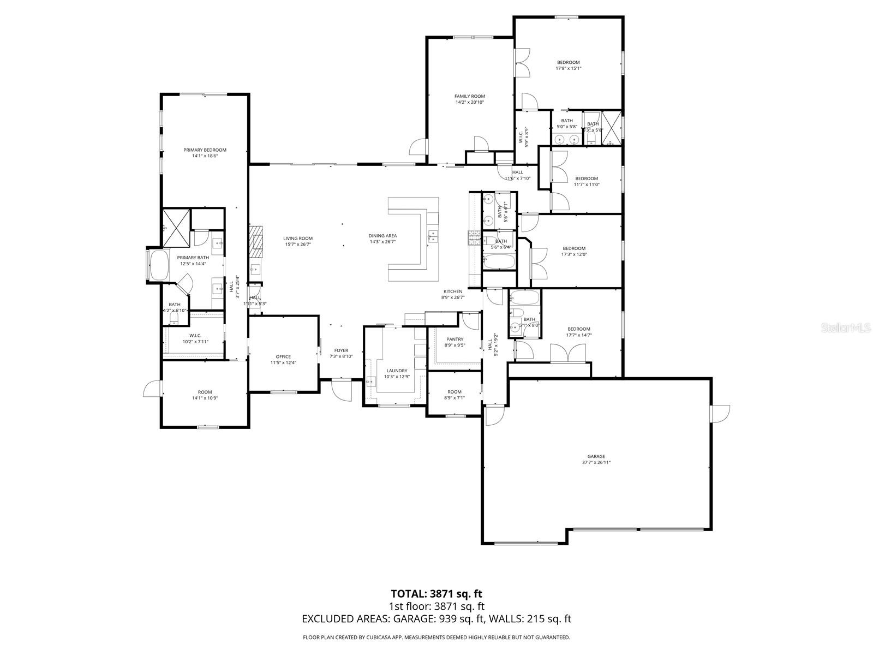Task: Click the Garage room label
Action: click(x=596, y=456)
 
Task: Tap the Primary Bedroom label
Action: click(x=205, y=150)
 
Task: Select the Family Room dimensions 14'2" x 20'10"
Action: click(x=470, y=102)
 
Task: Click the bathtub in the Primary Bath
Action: click(x=159, y=266)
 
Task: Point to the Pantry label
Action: click(x=455, y=339)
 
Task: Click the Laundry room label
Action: click(x=397, y=371)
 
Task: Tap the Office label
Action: click(x=283, y=357)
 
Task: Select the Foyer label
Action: click(x=341, y=350)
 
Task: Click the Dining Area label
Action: click(x=382, y=236)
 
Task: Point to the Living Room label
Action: click(x=298, y=238)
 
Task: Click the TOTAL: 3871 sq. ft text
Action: click(x=436, y=593)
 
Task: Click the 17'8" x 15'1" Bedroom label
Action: click(x=568, y=62)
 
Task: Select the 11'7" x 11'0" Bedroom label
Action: click(x=587, y=178)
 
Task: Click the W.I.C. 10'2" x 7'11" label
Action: click(x=195, y=336)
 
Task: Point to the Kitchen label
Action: click(x=453, y=291)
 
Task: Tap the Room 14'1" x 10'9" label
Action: click(x=205, y=392)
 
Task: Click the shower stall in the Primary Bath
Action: click(x=176, y=226)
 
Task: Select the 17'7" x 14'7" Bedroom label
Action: click(x=578, y=329)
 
